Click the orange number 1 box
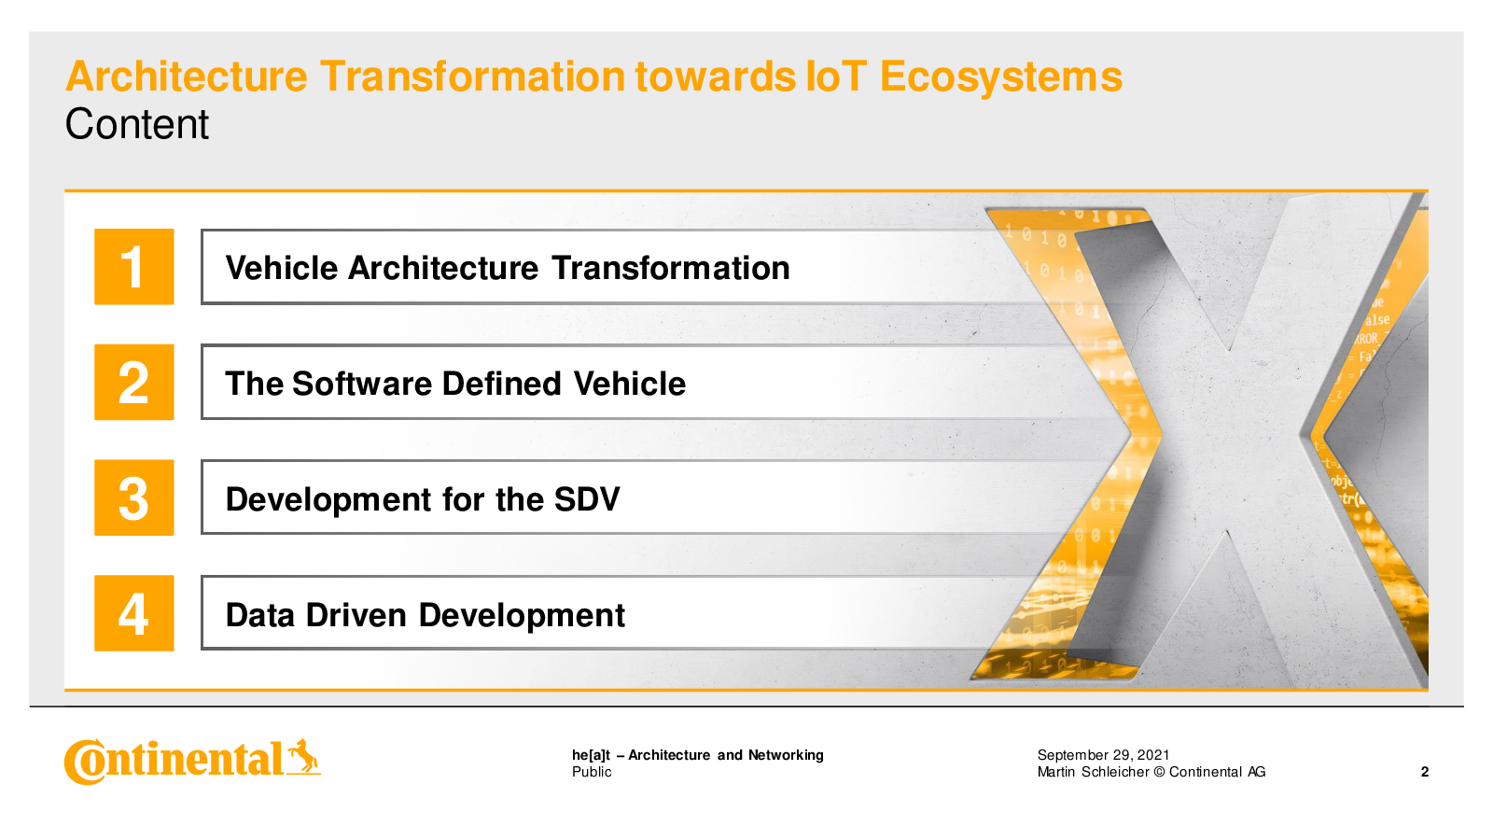click(x=134, y=267)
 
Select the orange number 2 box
click(x=134, y=382)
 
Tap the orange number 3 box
click(x=134, y=497)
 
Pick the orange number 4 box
click(x=134, y=612)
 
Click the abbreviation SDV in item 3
click(x=587, y=499)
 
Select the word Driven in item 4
click(x=356, y=615)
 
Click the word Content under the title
click(x=136, y=125)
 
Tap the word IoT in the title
click(x=836, y=76)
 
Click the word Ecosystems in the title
click(x=1001, y=77)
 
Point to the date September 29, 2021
click(x=1103, y=755)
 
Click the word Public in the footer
click(x=592, y=772)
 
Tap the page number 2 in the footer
click(x=1425, y=772)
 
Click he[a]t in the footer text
click(x=592, y=755)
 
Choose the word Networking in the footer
click(x=786, y=755)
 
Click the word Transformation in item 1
click(x=671, y=268)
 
